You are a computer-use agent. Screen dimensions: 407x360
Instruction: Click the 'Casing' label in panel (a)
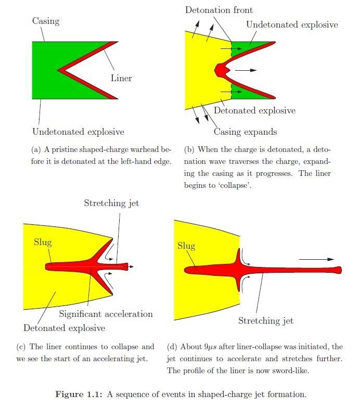coord(46,21)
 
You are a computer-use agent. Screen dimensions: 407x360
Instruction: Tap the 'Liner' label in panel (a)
coord(121,79)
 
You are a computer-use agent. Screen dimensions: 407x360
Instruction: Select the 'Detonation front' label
coord(219,10)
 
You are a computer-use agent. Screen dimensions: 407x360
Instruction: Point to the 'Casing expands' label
coord(246,132)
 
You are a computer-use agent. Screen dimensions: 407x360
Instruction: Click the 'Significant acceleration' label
coord(106,314)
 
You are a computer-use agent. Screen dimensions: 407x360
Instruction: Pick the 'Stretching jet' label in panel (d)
coord(266,321)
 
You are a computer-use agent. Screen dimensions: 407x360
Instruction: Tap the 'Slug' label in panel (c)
coord(43,242)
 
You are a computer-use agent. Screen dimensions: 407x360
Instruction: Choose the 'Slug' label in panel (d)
coord(186,246)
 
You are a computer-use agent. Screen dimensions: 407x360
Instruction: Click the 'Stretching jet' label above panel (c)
coord(111,203)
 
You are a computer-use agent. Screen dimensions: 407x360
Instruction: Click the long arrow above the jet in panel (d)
coord(317,258)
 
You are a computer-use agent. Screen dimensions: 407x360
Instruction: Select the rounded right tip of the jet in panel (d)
coord(339,270)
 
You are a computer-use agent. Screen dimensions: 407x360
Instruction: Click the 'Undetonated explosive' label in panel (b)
coord(292,24)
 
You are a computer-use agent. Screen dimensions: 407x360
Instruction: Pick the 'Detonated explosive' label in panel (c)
coord(64,328)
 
